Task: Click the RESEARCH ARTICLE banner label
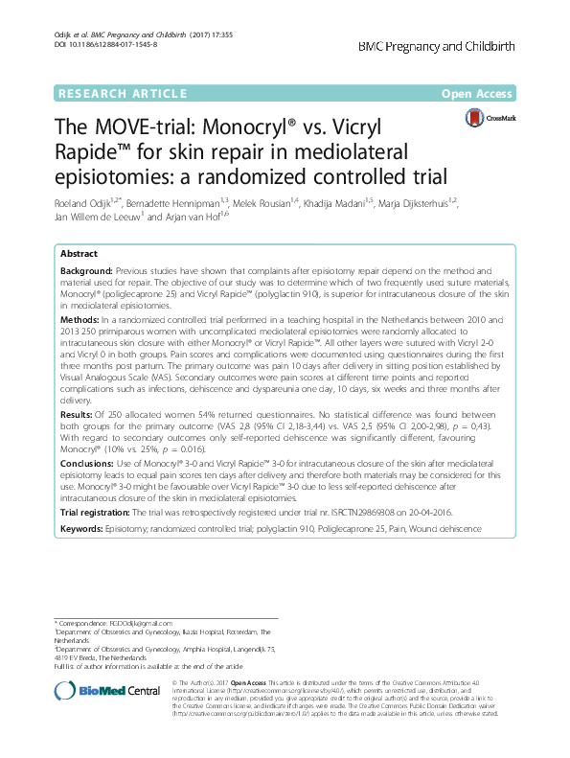[122, 93]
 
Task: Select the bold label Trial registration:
[101, 513]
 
